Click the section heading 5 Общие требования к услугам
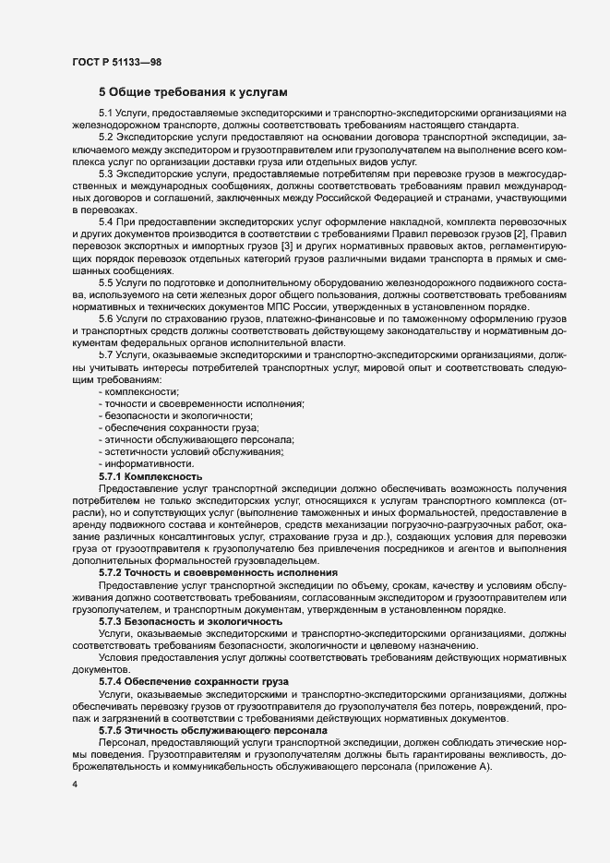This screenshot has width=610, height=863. coord(193,92)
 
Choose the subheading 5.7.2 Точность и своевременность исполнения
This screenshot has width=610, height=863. coord(217,572)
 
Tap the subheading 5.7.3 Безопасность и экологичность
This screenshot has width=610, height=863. coord(190,621)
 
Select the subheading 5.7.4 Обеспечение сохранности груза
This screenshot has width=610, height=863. coord(194,681)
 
